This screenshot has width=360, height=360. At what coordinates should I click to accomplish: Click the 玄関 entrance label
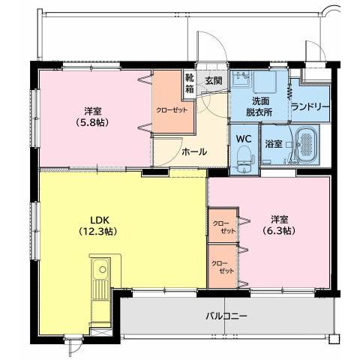click(213, 80)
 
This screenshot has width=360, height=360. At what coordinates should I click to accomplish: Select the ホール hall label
click(193, 151)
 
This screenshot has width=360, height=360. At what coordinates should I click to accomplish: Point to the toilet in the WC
click(243, 157)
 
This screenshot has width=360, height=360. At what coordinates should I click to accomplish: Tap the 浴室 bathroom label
click(273, 143)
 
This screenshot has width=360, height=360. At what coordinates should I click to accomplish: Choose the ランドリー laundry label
click(310, 106)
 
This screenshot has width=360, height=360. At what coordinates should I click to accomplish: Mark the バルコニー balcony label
click(226, 316)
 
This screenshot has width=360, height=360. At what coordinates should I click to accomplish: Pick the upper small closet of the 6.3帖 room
click(222, 227)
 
